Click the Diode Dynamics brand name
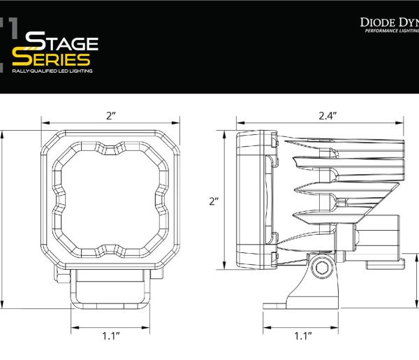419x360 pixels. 389,22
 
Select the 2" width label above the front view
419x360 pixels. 110,115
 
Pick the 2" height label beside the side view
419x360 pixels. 214,201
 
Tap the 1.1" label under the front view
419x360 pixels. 110,336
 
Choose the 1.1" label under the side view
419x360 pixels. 302,336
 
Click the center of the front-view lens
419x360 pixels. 110,200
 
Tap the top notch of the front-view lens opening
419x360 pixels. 110,149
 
